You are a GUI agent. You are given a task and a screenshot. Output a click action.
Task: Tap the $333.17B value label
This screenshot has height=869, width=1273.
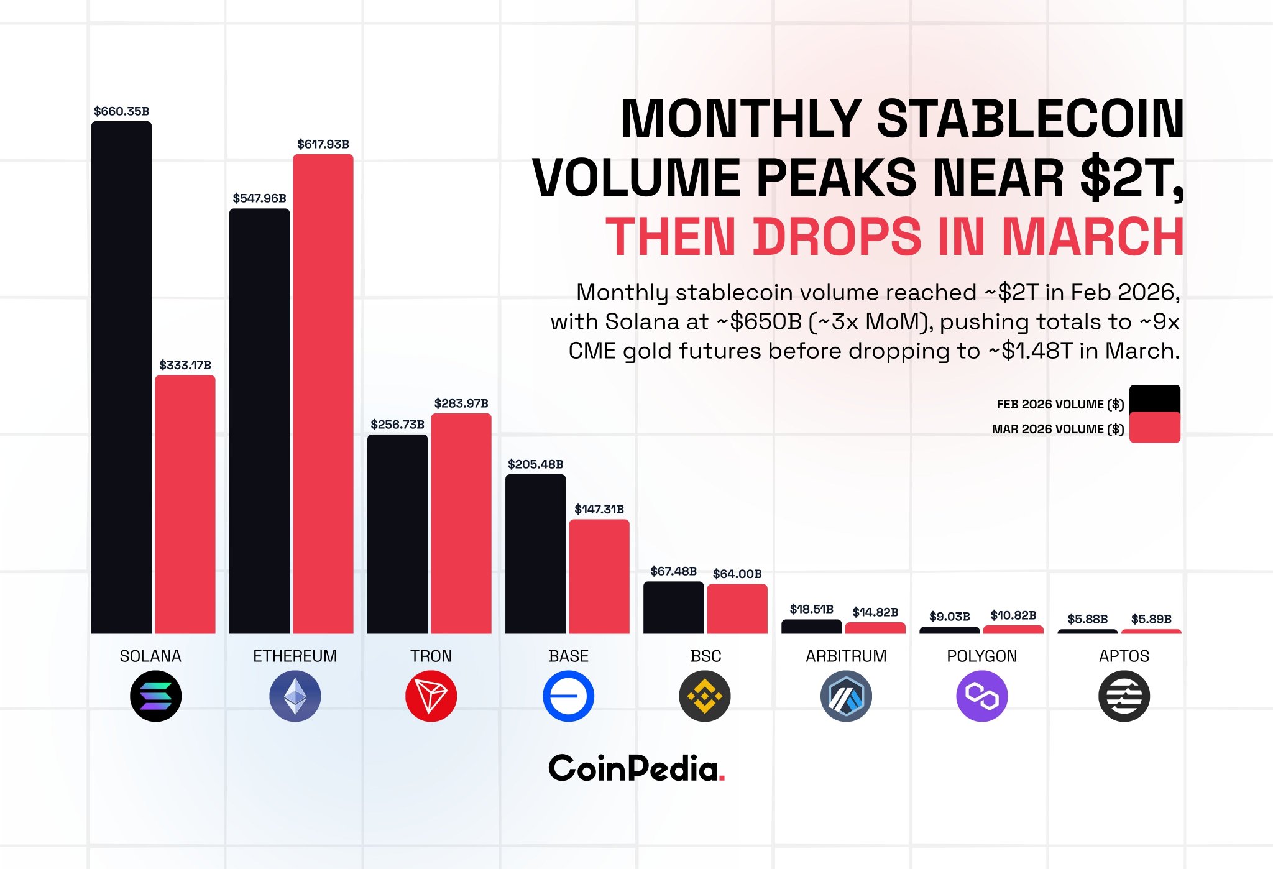(x=185, y=365)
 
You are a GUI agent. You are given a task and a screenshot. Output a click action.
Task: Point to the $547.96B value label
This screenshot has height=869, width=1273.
(x=259, y=198)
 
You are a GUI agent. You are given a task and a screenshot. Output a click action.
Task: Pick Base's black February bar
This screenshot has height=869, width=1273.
(x=535, y=554)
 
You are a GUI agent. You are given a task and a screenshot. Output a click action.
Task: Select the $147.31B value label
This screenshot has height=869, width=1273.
(x=599, y=509)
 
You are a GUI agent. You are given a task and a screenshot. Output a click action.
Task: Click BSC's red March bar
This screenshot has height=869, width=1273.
(x=737, y=609)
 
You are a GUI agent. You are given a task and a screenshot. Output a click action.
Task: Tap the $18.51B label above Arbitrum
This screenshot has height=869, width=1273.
(x=811, y=609)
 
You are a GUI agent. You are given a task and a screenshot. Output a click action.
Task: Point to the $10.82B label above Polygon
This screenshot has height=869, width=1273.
(x=1013, y=615)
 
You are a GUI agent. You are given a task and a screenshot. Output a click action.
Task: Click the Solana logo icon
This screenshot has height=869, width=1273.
(x=155, y=696)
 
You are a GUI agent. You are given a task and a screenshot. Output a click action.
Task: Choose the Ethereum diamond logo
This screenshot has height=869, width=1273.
(x=295, y=696)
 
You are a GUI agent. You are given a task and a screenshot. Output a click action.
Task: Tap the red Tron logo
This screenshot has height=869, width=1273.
(x=431, y=696)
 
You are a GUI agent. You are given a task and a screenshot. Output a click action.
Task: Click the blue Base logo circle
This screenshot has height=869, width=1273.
(x=568, y=696)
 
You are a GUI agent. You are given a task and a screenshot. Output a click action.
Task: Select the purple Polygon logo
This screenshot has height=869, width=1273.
(x=981, y=696)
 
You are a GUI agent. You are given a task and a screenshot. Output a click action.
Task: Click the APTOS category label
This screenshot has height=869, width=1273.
(x=1124, y=656)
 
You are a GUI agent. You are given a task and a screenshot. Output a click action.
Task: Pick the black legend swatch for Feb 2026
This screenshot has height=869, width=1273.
(x=1154, y=398)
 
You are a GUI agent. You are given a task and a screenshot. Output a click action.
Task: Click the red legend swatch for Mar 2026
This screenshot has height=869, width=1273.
(x=1154, y=428)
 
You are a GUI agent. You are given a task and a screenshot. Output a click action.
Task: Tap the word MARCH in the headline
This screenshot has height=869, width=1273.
(x=1093, y=237)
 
